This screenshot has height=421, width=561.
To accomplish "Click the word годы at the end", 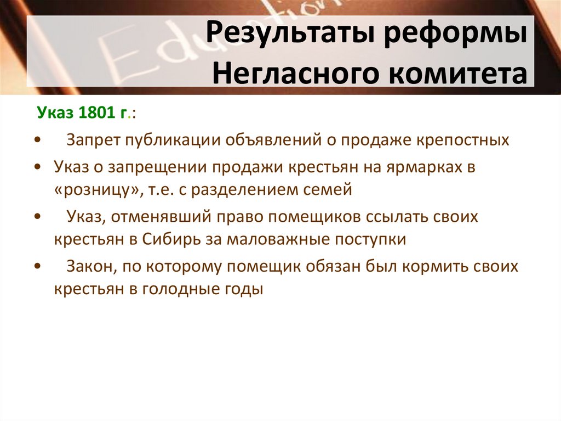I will [247, 289].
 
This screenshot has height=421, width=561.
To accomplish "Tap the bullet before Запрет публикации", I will [37, 141].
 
